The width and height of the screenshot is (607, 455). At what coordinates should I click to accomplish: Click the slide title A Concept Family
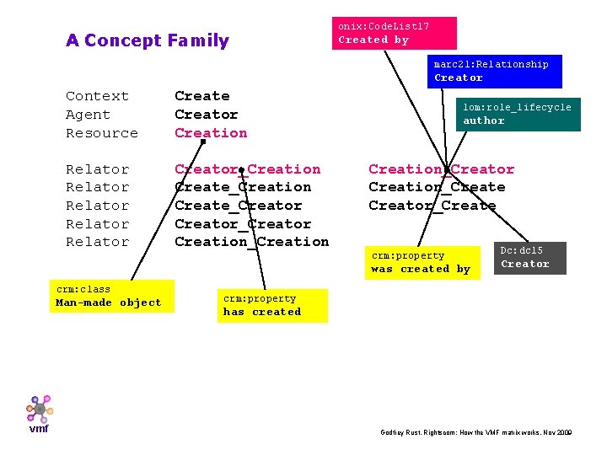(147, 40)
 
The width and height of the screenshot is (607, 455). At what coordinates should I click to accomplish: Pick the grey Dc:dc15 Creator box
(529, 258)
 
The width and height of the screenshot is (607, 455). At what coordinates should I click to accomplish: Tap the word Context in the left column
(97, 96)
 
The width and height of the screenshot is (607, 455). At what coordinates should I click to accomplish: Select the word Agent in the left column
(88, 115)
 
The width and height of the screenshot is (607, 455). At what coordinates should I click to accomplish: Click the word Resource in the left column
(101, 133)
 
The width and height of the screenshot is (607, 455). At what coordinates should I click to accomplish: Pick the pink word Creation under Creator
(211, 133)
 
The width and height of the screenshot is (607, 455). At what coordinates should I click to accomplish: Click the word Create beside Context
(201, 96)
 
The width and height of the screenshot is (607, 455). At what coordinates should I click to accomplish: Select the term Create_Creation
(243, 187)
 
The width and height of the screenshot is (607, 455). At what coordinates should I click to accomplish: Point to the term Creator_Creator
(243, 224)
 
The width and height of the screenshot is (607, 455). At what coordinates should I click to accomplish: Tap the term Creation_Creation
(251, 242)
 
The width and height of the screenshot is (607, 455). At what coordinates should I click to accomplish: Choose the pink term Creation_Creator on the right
(441, 169)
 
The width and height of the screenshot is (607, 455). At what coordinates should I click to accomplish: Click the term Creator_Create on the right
(432, 206)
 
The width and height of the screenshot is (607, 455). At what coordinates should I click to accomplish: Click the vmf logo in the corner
(39, 414)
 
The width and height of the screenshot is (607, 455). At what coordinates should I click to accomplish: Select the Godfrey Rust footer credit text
(476, 432)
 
